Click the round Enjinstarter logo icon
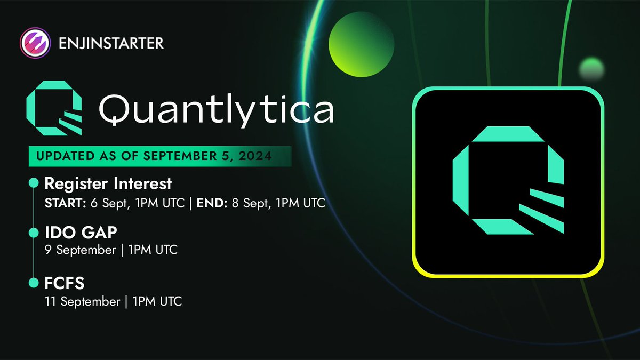coord(35,42)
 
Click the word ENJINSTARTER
coord(109,43)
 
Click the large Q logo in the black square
coord(508,180)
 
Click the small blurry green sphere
coord(591,69)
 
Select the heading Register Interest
coord(108,183)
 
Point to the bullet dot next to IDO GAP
coord(33,233)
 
